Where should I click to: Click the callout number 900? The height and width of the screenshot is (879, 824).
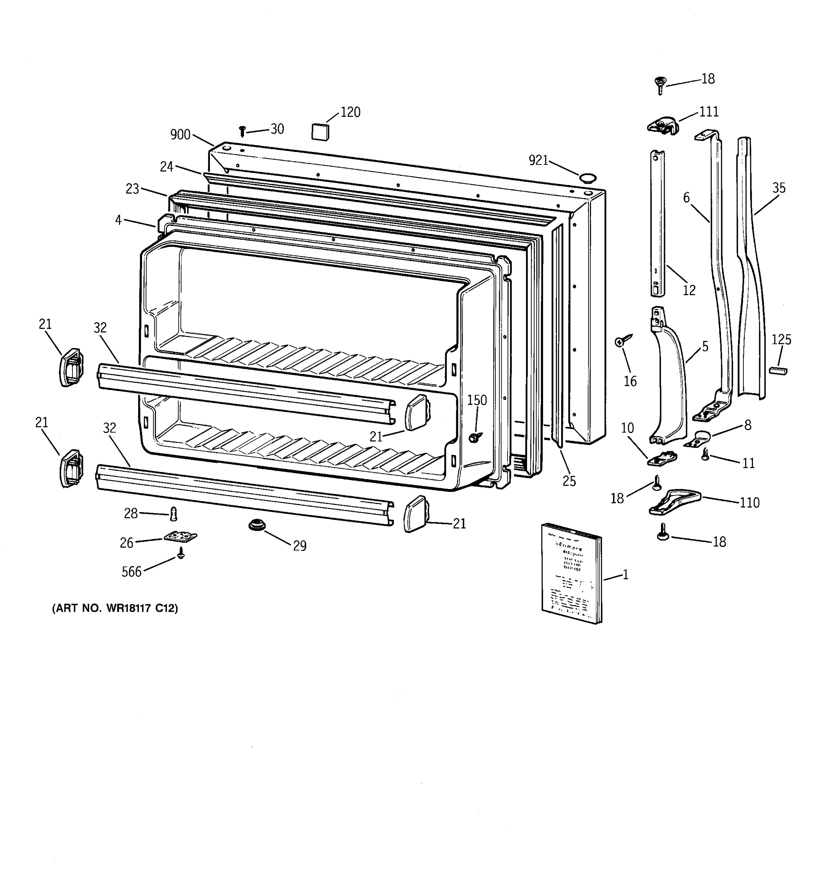click(180, 135)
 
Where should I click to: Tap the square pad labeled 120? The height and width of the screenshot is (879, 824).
click(320, 132)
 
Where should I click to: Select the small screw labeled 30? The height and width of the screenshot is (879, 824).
click(242, 131)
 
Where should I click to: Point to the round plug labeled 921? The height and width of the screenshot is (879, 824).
click(587, 178)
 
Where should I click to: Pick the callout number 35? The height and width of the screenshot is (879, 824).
click(779, 188)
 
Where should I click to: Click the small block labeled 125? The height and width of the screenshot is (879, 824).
click(778, 371)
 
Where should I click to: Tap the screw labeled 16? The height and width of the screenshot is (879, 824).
click(622, 341)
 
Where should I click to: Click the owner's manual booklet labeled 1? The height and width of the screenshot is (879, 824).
click(572, 574)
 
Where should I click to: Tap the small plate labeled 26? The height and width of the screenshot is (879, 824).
click(180, 537)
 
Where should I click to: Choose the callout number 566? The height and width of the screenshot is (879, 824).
click(131, 572)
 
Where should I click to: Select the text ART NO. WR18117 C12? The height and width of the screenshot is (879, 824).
click(115, 608)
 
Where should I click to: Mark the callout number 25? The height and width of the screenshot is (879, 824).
click(569, 481)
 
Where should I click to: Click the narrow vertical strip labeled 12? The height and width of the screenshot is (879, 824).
click(657, 223)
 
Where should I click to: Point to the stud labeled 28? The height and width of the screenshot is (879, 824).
click(173, 514)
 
